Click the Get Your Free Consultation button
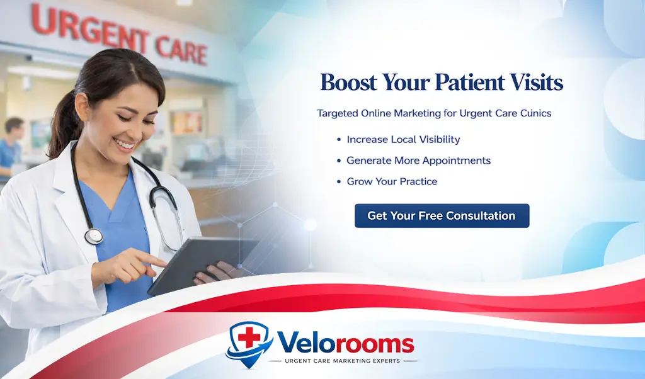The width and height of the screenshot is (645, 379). (442, 216)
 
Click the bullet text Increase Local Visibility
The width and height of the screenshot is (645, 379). (403, 140)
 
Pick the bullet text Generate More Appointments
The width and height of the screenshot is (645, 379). (418, 161)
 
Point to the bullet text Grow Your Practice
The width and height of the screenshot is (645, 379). (392, 181)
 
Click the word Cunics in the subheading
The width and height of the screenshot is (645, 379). (534, 114)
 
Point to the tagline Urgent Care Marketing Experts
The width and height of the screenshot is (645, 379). (343, 361)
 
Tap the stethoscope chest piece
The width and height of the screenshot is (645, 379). (94, 236)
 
